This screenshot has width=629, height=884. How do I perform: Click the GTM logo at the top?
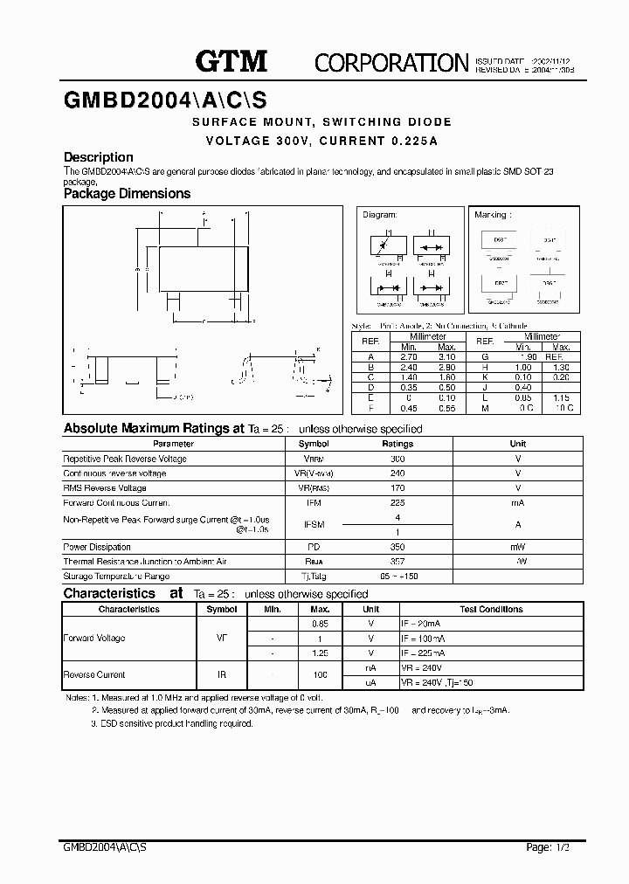(x=231, y=60)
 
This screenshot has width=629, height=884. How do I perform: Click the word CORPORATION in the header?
(x=391, y=62)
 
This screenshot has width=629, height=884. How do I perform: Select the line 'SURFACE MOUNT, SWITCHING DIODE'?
(x=321, y=122)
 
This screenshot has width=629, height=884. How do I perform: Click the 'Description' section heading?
(x=99, y=157)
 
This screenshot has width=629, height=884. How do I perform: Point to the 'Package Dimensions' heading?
(x=127, y=194)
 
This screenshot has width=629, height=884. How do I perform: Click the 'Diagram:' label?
(x=380, y=214)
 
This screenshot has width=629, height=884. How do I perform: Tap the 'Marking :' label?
(x=494, y=214)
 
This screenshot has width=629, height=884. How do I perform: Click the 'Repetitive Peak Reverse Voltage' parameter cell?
(x=125, y=459)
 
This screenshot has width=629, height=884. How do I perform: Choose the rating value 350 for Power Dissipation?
(x=397, y=547)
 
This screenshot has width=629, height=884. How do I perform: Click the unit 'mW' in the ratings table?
(x=518, y=547)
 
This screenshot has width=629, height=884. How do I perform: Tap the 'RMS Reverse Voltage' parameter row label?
(x=105, y=488)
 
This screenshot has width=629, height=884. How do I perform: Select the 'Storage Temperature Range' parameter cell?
(x=116, y=577)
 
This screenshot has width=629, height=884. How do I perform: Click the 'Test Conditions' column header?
(x=491, y=609)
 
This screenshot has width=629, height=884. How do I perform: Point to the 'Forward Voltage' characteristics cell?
(x=94, y=639)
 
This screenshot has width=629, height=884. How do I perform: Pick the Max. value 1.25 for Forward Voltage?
(x=320, y=653)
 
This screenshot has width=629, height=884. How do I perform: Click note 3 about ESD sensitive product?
(x=172, y=724)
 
